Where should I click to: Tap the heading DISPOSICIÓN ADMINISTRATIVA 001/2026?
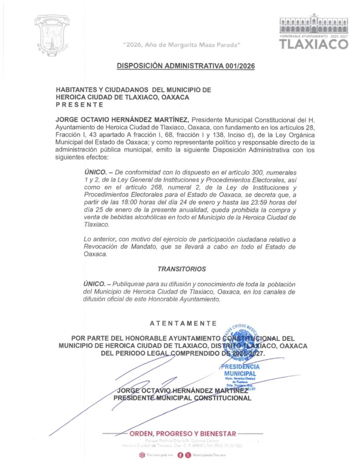pyautogui.click(x=186, y=66)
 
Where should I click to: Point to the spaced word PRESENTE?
pyautogui.click(x=79, y=105)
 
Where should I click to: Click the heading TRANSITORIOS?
pyautogui.click(x=182, y=269)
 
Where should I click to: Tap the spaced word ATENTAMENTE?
pyautogui.click(x=183, y=324)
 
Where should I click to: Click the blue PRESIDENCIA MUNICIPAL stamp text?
pyautogui.click(x=240, y=370)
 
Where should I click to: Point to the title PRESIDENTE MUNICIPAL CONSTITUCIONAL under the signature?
pyautogui.click(x=182, y=398)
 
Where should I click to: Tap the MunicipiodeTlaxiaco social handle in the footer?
pyautogui.click(x=209, y=455)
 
